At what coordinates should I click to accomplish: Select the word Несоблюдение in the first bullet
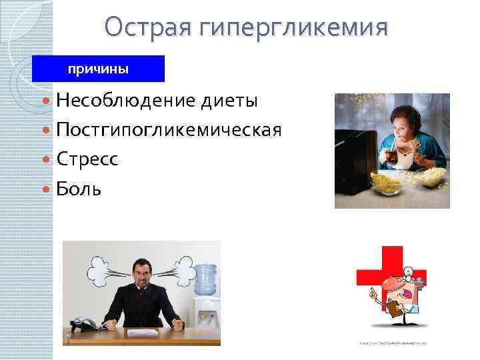tap(125, 101)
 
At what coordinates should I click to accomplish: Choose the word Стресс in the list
tap(87, 159)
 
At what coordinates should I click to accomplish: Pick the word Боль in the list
tap(79, 189)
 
